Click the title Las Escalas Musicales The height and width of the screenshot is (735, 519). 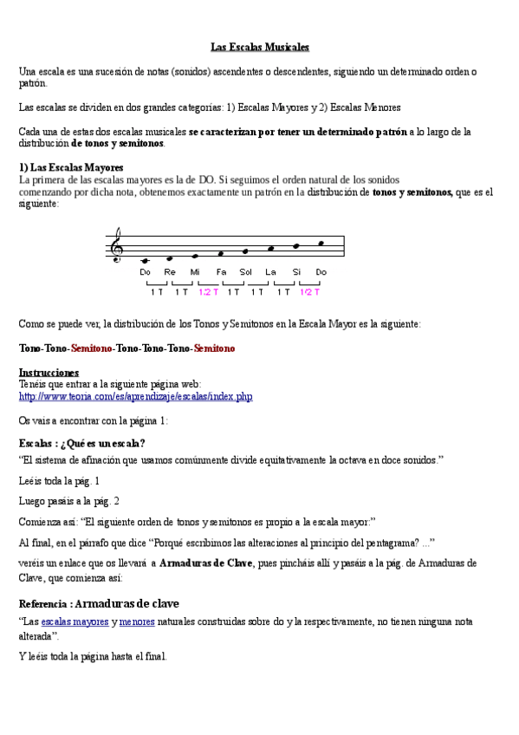click(x=260, y=47)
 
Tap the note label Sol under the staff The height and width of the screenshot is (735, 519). click(x=245, y=272)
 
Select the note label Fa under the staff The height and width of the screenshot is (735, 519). click(x=221, y=272)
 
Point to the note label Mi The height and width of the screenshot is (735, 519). click(x=195, y=272)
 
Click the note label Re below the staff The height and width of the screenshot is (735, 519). click(x=170, y=272)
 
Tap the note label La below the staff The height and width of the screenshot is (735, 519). click(x=270, y=272)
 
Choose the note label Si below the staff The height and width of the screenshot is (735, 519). click(x=296, y=272)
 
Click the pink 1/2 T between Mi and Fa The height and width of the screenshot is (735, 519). click(x=209, y=292)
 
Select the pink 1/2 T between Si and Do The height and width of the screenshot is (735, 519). click(x=310, y=292)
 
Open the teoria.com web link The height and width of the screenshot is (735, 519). click(x=135, y=397)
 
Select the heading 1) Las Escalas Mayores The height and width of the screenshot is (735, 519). click(x=71, y=166)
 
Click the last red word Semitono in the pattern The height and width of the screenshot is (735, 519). click(x=214, y=348)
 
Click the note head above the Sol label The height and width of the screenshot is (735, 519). click(x=246, y=251)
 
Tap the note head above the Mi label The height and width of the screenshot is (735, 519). click(x=195, y=257)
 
